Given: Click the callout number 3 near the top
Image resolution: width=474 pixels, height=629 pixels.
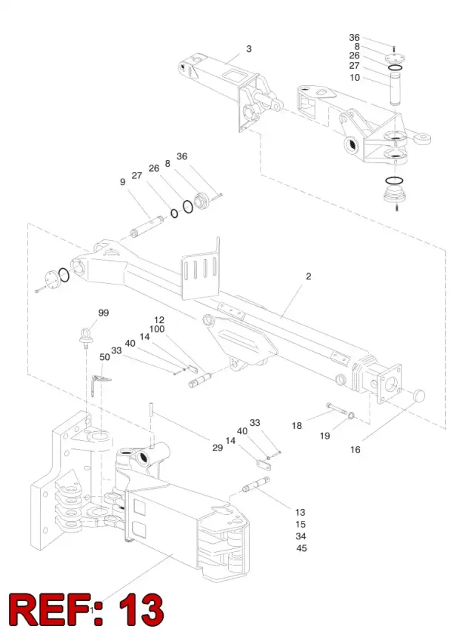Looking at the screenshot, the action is point(249,49).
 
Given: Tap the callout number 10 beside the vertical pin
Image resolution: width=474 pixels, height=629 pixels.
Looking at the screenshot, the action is point(355,78).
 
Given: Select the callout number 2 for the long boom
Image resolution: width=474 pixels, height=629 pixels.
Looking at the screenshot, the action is point(308,276).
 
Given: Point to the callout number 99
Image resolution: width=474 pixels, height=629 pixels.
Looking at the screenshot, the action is point(104,313).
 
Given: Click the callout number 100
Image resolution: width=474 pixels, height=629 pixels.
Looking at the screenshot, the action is point(157,330).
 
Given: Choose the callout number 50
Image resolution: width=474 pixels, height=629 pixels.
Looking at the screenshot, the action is point(104,357).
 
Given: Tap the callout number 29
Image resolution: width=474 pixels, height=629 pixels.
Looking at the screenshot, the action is point(217,447).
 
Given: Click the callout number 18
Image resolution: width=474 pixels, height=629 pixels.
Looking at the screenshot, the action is point(297,425).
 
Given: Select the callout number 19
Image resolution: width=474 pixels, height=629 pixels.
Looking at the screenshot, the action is point(325,436).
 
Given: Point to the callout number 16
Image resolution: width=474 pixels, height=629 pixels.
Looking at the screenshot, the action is point(355,450).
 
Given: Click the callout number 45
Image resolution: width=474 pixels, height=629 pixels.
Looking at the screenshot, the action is point(301,548).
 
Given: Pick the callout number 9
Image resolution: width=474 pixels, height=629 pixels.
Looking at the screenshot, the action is point(123,182).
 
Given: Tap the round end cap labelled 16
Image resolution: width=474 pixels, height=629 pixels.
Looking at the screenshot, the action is point(418,396).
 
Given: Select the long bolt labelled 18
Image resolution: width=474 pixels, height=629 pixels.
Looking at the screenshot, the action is point(336,408).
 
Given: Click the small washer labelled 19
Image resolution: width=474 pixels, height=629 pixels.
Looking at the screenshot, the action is point(350,415).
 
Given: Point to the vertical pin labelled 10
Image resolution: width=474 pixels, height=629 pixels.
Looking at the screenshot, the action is point(395,88).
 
